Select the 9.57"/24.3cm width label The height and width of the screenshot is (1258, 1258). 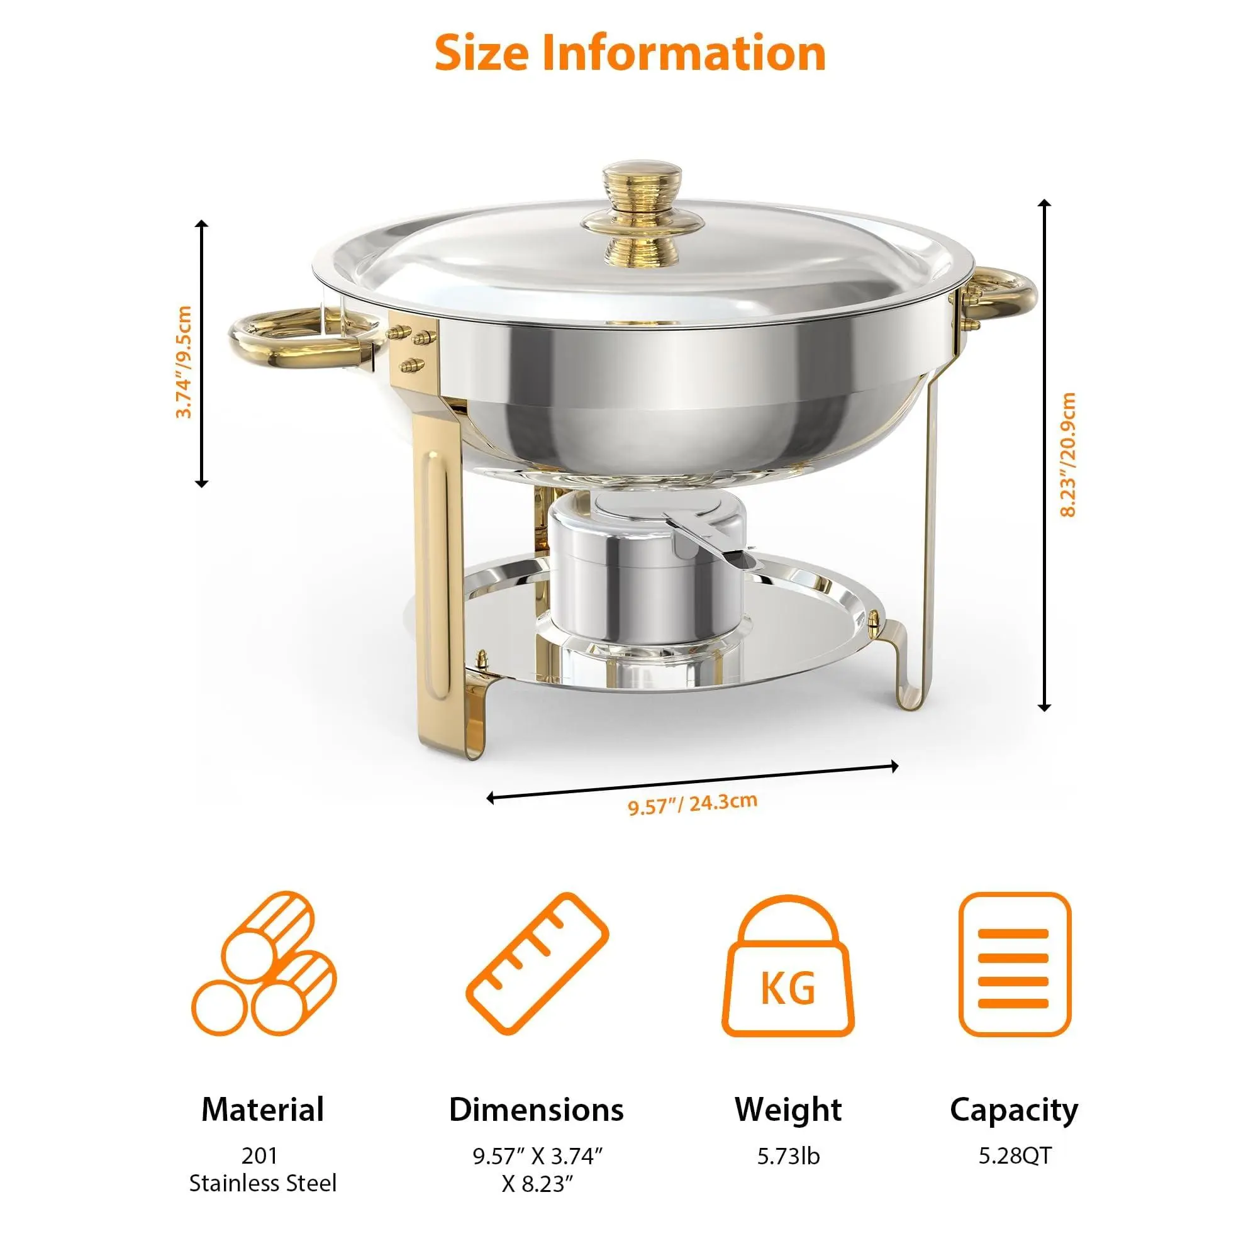(x=692, y=803)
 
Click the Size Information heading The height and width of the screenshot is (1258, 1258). (x=630, y=53)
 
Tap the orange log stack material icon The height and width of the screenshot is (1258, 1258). (x=264, y=963)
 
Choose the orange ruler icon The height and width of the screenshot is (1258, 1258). (x=537, y=964)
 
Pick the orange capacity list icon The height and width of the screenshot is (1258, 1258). (x=1015, y=964)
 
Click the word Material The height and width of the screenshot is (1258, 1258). (x=262, y=1110)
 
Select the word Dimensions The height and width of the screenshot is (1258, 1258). (x=537, y=1110)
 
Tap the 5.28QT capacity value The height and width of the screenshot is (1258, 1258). (x=1015, y=1155)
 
